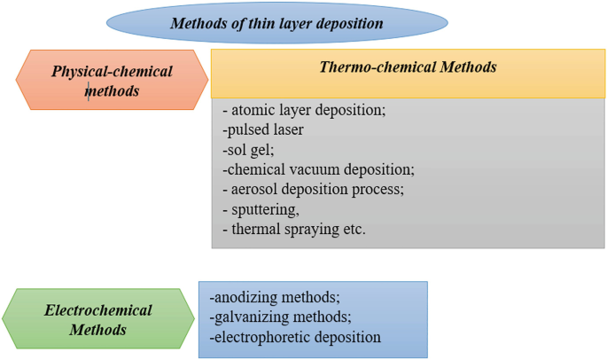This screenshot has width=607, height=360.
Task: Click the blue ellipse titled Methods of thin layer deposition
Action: pyautogui.click(x=276, y=23)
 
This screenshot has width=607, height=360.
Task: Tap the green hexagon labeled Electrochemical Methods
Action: pyautogui.click(x=97, y=320)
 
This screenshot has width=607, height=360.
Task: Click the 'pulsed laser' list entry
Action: pyautogui.click(x=264, y=129)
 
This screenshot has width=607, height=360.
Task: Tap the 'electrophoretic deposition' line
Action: pyautogui.click(x=295, y=337)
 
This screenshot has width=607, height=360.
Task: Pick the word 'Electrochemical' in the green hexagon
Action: pyautogui.click(x=98, y=310)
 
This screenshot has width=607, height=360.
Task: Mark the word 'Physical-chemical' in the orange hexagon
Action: pyautogui.click(x=112, y=71)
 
